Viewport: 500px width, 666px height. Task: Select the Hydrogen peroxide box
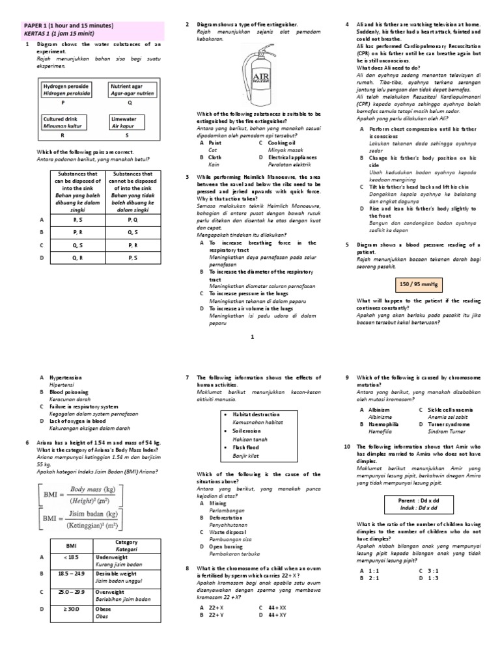[66, 89]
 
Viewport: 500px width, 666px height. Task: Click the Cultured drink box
[64, 123]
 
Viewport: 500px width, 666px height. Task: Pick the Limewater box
[129, 123]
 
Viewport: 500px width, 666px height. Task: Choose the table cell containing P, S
[132, 257]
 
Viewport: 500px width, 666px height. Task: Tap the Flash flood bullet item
[245, 447]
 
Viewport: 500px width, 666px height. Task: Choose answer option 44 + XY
[275, 613]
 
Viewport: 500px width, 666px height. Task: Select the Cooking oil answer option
[281, 142]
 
